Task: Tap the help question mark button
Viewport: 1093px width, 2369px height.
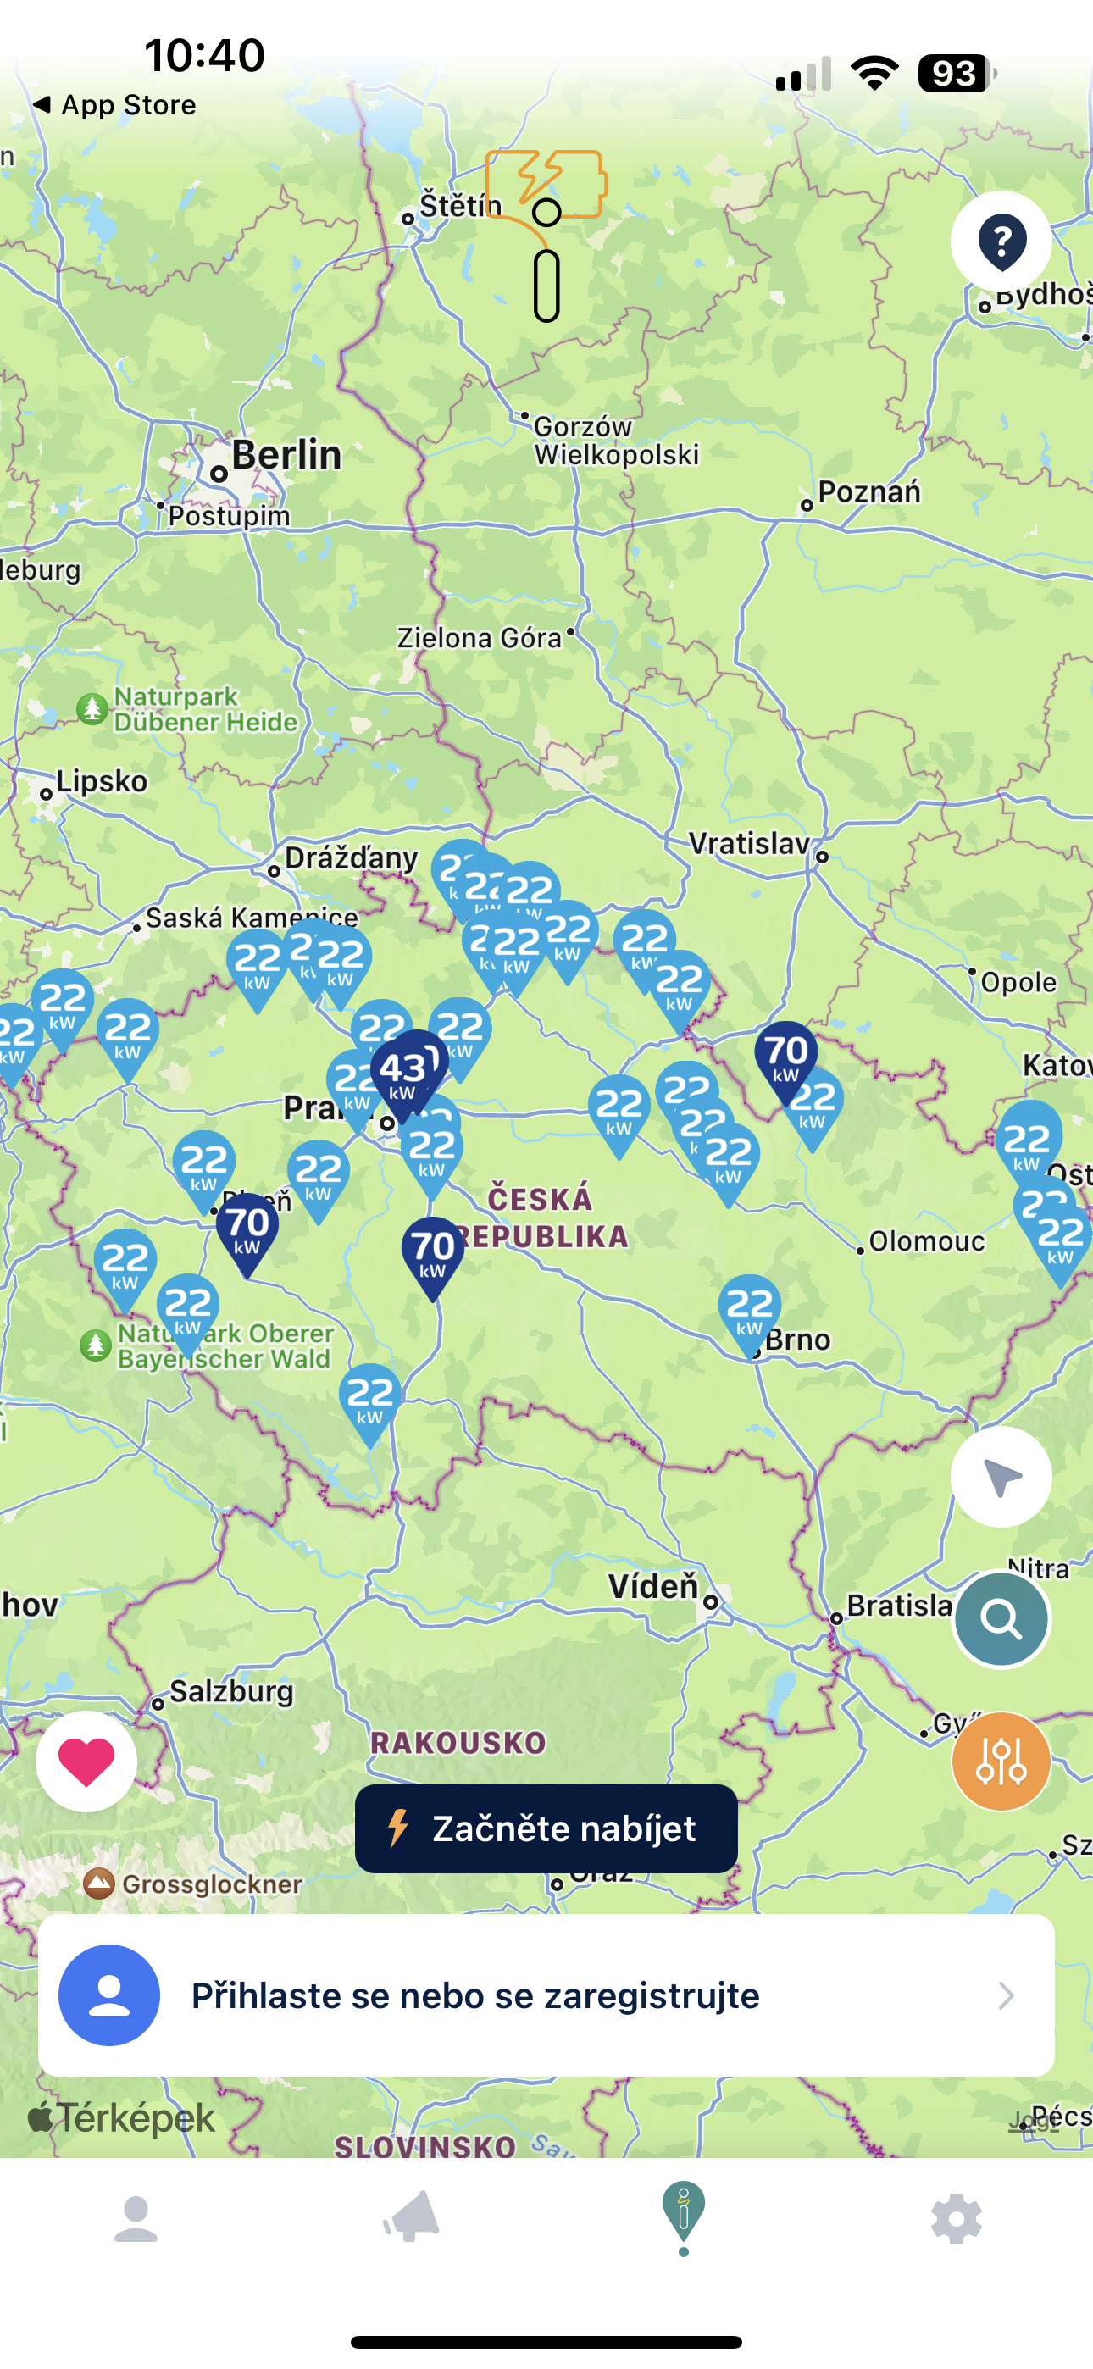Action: click(1001, 241)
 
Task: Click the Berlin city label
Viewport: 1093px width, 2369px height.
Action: click(286, 455)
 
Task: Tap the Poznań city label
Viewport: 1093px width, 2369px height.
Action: click(868, 492)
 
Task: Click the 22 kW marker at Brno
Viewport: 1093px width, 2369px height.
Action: click(750, 1310)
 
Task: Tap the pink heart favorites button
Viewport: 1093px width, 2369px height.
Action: click(86, 1760)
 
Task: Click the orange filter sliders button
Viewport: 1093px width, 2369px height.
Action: click(1001, 1760)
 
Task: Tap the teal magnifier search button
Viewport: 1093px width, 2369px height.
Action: click(1001, 1618)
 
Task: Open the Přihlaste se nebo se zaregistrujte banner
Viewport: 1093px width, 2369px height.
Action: click(546, 1995)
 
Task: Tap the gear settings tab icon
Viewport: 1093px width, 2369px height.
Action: click(956, 2218)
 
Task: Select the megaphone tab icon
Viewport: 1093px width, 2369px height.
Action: click(410, 2218)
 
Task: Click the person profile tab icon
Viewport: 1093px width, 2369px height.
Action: click(136, 2218)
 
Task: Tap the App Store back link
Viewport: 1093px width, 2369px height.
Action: click(116, 105)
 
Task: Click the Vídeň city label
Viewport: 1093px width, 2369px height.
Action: click(653, 1585)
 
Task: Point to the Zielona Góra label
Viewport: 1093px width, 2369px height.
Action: click(479, 638)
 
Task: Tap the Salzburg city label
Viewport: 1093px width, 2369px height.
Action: click(231, 1690)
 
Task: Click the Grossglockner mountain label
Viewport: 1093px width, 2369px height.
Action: click(211, 1884)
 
